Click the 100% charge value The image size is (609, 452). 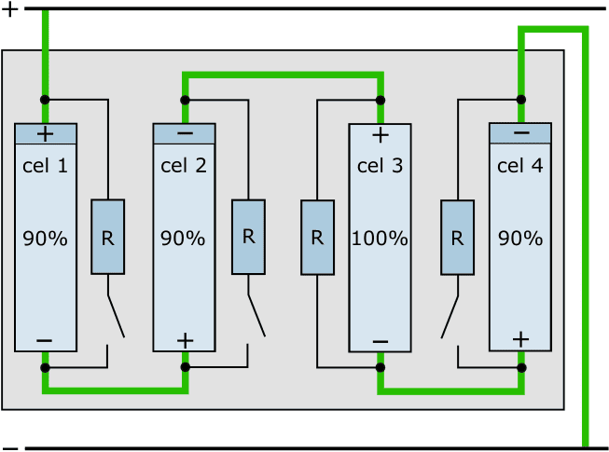tap(380, 239)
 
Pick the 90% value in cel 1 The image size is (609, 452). tap(45, 239)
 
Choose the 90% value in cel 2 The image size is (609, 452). tap(184, 239)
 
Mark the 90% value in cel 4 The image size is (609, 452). tap(521, 239)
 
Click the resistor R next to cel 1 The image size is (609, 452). tap(107, 237)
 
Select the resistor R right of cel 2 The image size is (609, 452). tap(248, 237)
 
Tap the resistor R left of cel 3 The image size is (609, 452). tap(317, 237)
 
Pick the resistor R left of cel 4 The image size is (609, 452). tap(457, 237)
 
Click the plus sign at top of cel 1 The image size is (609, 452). tap(45, 134)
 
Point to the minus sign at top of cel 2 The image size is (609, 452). tap(184, 134)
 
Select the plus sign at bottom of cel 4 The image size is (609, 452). tap(520, 339)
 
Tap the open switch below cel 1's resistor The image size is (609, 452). tap(116, 317)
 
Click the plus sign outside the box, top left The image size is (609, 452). tap(10, 11)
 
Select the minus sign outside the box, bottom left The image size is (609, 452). tap(10, 446)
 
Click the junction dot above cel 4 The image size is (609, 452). tap(520, 99)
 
